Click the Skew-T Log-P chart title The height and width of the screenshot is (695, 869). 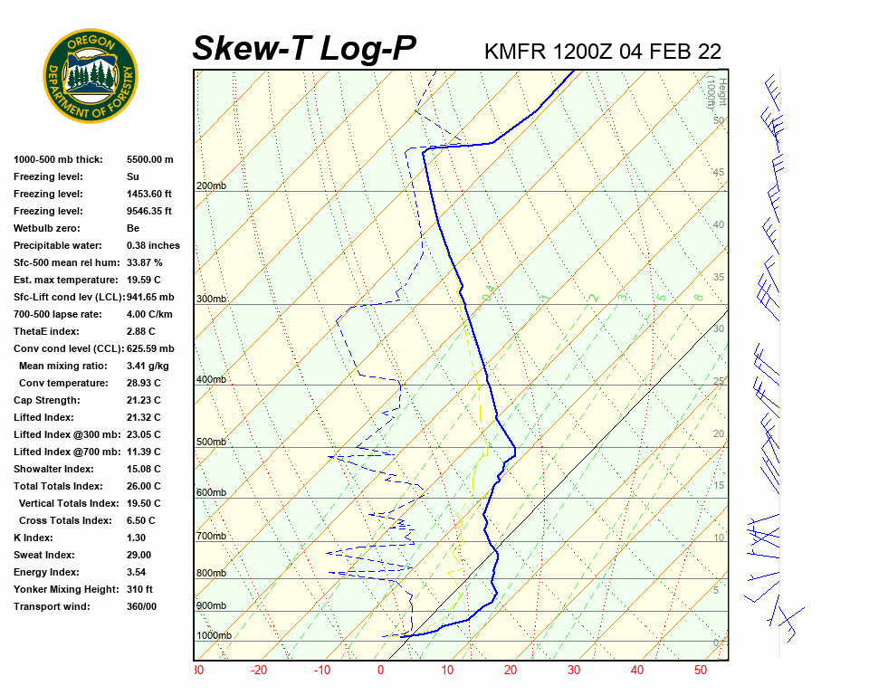tap(304, 48)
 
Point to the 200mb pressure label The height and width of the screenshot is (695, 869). tap(211, 186)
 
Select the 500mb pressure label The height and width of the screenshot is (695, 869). tap(211, 443)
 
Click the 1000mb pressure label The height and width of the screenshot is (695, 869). tap(214, 636)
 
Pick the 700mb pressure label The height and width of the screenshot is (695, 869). tap(211, 537)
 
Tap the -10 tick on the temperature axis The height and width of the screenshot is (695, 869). tap(322, 671)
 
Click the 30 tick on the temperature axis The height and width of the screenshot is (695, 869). tap(573, 671)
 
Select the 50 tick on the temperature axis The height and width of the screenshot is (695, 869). tap(700, 671)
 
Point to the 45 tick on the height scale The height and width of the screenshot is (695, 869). tap(719, 173)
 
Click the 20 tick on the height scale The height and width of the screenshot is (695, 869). tap(719, 434)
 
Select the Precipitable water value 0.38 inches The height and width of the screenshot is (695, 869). tap(153, 245)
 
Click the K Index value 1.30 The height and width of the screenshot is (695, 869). tap(136, 538)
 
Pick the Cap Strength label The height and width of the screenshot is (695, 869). tap(47, 400)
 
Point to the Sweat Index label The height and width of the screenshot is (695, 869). tap(44, 555)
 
